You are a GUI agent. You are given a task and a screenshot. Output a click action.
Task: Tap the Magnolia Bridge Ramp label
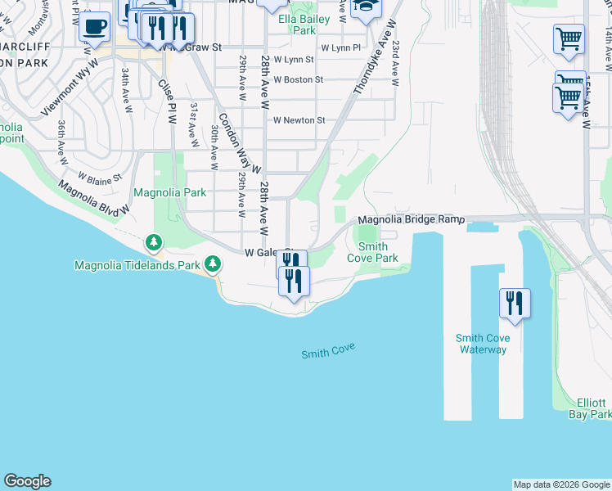tap(412, 220)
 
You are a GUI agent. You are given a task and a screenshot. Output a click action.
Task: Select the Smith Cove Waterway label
tap(483, 344)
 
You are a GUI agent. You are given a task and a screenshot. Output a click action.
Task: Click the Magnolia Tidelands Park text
tap(137, 265)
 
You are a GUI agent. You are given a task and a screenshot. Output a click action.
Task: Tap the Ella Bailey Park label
tap(304, 25)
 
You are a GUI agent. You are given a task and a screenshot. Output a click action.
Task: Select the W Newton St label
tap(299, 120)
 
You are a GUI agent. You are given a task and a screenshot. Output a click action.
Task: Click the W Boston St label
tap(298, 79)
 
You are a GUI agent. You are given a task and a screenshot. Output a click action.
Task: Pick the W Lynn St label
tap(294, 60)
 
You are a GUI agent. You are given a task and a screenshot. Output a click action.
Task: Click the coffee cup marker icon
tap(96, 26)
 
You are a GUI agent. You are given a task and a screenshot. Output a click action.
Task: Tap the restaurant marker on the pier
tap(515, 302)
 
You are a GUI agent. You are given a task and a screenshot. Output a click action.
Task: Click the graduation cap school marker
tap(366, 7)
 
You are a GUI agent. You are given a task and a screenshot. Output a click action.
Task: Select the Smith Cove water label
tap(328, 351)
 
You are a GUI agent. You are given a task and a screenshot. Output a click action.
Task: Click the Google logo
tap(27, 481)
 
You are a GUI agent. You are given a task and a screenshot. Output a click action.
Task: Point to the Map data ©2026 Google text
tap(560, 484)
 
